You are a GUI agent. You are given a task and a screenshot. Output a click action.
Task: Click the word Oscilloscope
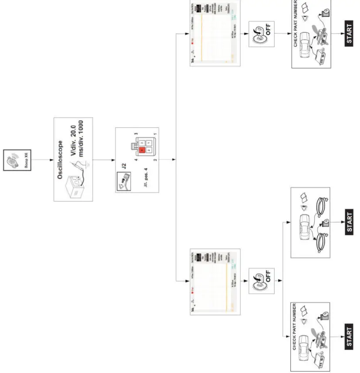tap(61, 159)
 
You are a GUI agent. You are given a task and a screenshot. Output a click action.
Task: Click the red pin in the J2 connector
tap(142, 150)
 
